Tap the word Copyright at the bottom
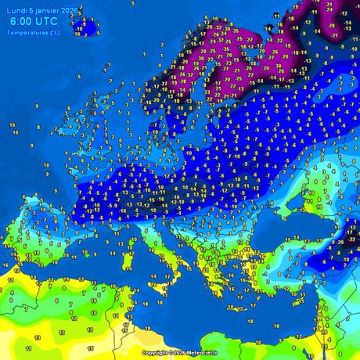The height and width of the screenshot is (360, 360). [155, 353]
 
